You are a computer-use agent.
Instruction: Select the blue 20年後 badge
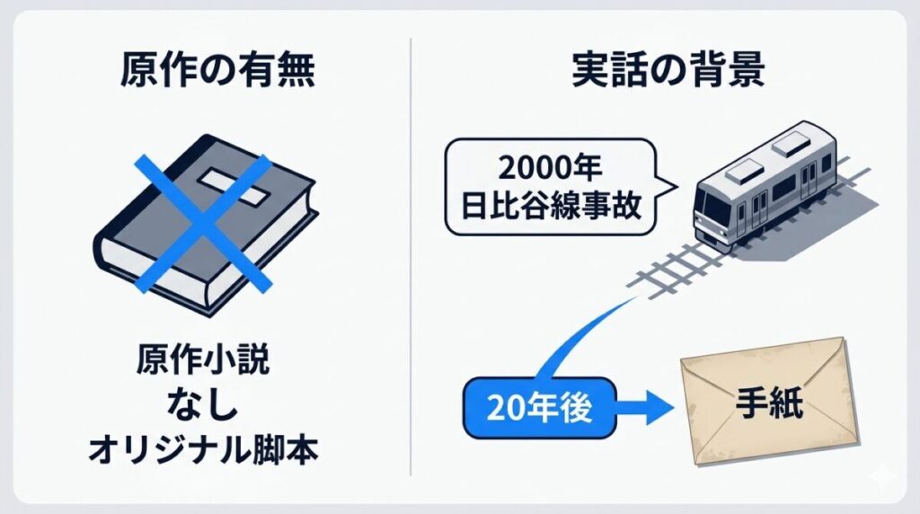(539, 407)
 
